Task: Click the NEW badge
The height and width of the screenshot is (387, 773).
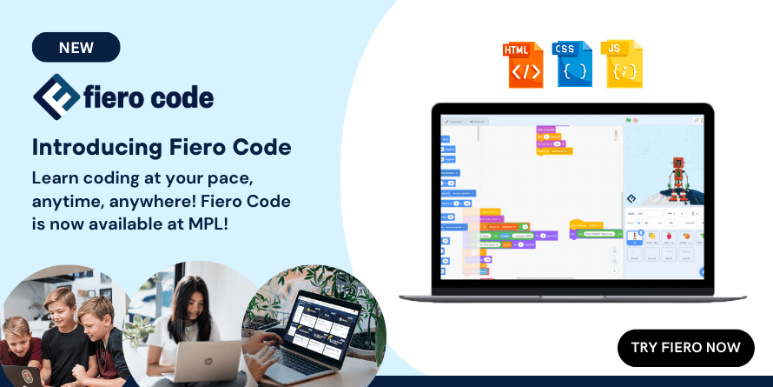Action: click(76, 47)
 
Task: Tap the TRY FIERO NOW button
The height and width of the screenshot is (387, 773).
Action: click(685, 348)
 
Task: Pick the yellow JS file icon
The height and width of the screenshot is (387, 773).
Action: click(622, 63)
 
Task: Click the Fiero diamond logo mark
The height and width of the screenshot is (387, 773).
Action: click(56, 97)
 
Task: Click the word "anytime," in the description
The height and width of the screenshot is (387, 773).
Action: click(67, 201)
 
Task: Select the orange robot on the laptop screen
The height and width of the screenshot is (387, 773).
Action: click(679, 175)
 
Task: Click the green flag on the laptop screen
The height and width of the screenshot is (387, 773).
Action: click(627, 120)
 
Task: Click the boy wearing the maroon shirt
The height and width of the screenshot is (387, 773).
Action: click(16, 348)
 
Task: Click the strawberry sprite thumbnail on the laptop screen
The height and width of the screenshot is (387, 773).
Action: click(669, 236)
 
